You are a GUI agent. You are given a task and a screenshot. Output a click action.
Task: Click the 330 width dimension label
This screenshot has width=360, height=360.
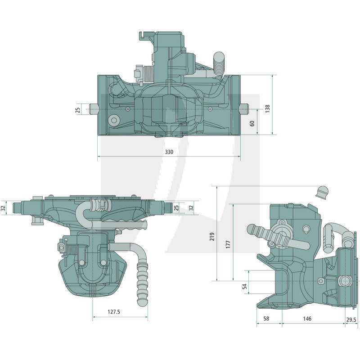(x=169, y=153)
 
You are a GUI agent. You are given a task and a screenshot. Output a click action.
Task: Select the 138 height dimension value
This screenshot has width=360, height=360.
(x=267, y=108)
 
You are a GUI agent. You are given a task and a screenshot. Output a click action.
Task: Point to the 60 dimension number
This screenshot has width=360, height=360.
(x=252, y=123)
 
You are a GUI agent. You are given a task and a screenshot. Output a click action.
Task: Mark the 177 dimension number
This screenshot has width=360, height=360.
(x=228, y=244)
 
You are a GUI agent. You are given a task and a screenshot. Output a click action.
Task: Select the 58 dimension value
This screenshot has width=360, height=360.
(x=266, y=319)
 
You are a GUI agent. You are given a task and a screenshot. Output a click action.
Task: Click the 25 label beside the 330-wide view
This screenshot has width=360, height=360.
(x=77, y=109)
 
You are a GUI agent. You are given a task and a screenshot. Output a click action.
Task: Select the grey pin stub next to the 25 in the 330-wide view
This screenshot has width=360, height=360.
(x=94, y=109)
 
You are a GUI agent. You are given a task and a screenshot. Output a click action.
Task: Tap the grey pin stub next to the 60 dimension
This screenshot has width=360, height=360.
(x=244, y=109)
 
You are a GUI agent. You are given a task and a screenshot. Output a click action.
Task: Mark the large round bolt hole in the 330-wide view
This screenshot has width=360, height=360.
(x=113, y=120)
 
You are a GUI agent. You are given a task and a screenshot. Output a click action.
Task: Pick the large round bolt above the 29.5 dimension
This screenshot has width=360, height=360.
(x=345, y=281)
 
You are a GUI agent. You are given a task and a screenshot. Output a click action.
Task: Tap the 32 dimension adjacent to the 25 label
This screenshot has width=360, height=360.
(x=191, y=207)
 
